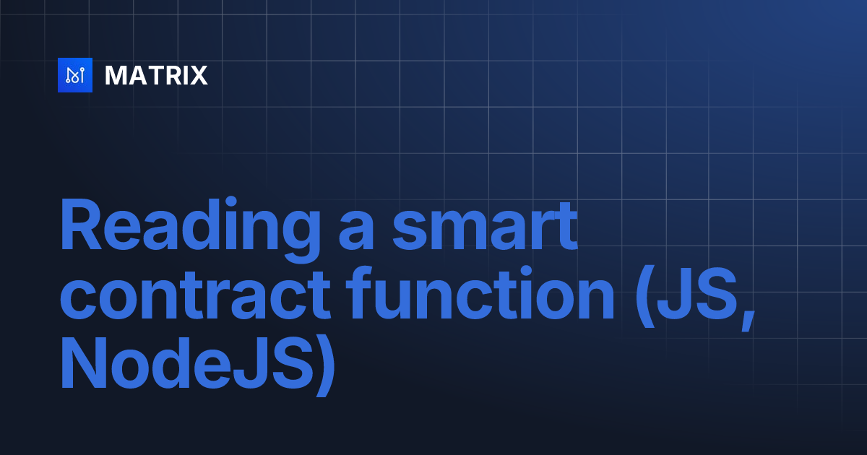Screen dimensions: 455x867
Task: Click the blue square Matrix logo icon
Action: tap(75, 75)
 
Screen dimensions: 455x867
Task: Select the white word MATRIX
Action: tap(156, 75)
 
